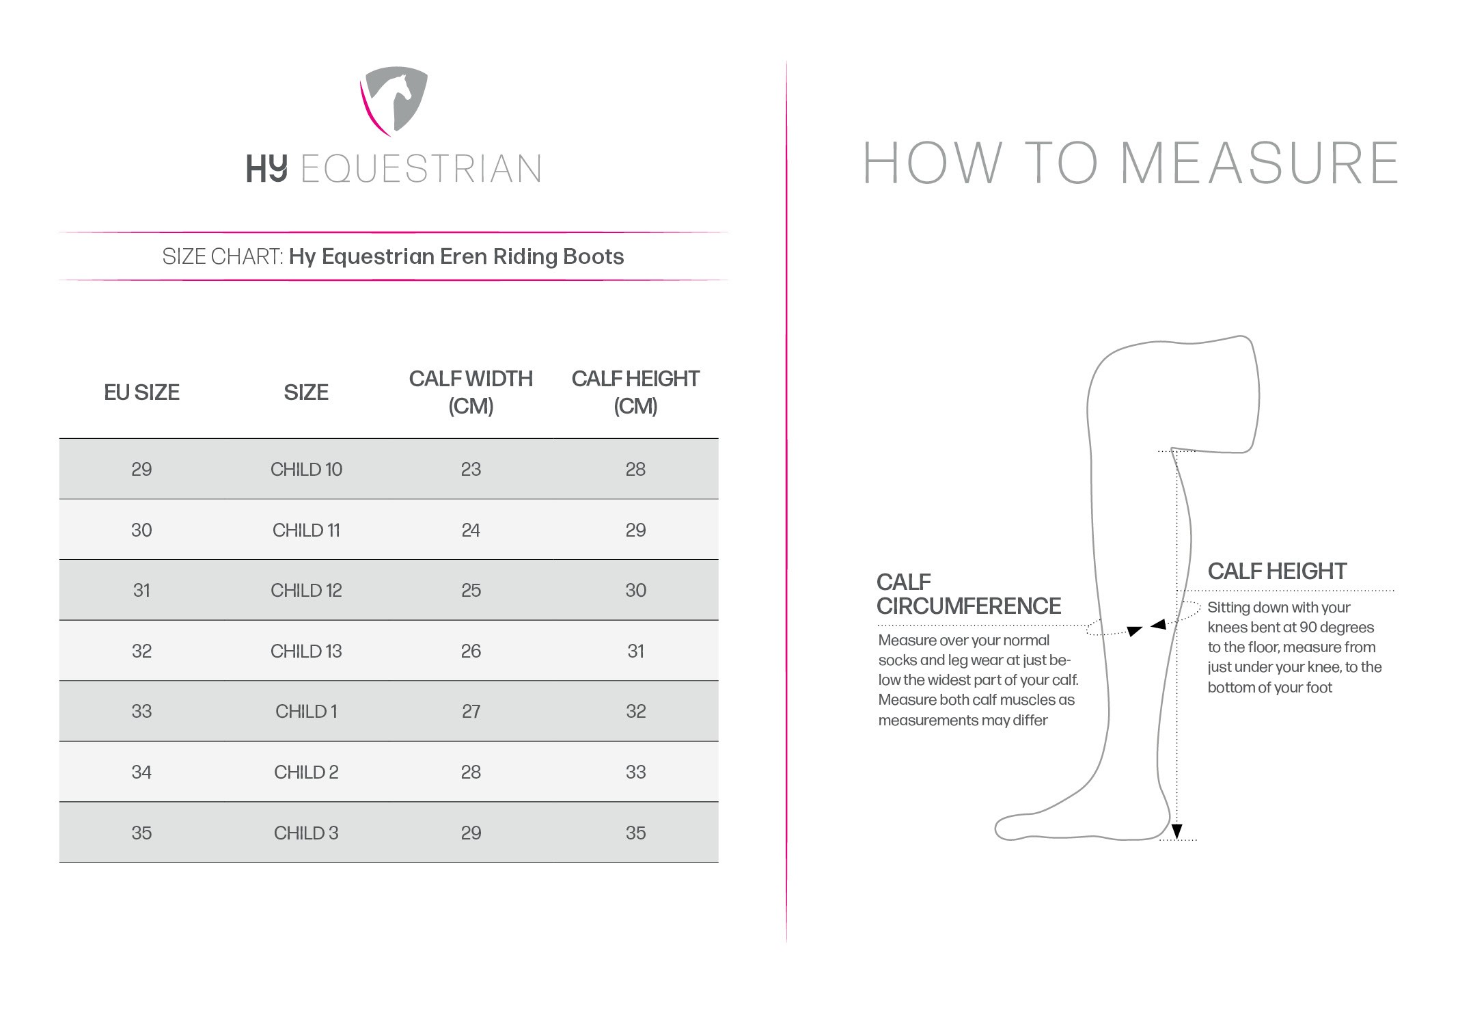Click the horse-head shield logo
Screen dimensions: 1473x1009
coord(394,101)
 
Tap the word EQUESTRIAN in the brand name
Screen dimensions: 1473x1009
coord(422,169)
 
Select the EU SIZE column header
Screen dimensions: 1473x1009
coord(141,392)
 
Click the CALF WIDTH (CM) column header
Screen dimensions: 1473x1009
coord(471,392)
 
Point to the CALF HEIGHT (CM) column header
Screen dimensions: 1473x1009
coord(635,392)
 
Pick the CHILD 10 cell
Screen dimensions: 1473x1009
coord(306,469)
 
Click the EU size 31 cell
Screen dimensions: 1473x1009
coord(141,590)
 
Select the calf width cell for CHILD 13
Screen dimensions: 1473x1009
coord(471,651)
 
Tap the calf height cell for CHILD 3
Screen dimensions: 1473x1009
coord(635,833)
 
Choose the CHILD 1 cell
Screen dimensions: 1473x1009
coord(306,712)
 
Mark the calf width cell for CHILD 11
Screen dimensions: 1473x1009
coord(471,530)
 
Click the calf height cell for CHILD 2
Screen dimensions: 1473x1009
coord(635,772)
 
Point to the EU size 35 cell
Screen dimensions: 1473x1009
coord(141,833)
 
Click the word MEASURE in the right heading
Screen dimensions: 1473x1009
coord(1260,163)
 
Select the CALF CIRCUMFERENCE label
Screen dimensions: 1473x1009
coord(969,594)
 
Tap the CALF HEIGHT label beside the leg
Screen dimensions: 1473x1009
coord(1277,571)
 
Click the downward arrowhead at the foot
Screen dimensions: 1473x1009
coord(1176,831)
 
